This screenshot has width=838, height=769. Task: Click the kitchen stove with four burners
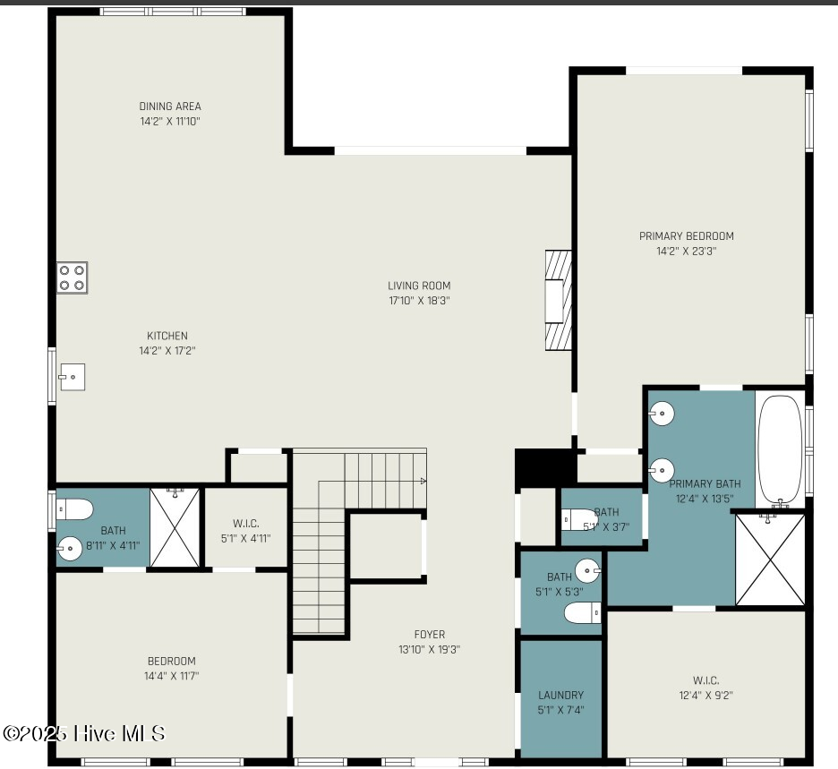tap(73, 278)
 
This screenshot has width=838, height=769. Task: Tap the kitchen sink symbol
tap(73, 377)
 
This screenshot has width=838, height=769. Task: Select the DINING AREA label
tap(170, 107)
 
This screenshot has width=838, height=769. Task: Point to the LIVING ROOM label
tap(419, 286)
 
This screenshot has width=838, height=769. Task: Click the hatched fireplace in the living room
tap(559, 300)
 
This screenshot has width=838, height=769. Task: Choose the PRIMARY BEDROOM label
tap(686, 236)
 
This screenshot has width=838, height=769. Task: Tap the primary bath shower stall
tap(770, 560)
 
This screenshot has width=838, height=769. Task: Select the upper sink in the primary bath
tap(662, 413)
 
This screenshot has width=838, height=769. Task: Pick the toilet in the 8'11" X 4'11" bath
tap(75, 509)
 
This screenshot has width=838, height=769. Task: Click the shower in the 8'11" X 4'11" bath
tap(175, 527)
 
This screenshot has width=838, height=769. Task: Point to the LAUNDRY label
tap(560, 696)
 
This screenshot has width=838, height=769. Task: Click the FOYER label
tap(429, 635)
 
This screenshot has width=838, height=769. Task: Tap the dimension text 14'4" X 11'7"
tap(171, 676)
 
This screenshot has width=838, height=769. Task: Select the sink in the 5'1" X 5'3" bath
tap(588, 570)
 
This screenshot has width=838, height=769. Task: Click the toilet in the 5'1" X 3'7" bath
tap(579, 519)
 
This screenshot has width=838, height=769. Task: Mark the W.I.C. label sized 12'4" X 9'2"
tap(705, 680)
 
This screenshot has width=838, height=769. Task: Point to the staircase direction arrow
tap(423, 481)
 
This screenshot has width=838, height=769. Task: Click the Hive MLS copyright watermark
tap(84, 733)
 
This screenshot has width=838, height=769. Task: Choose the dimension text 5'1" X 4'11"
tap(246, 539)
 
